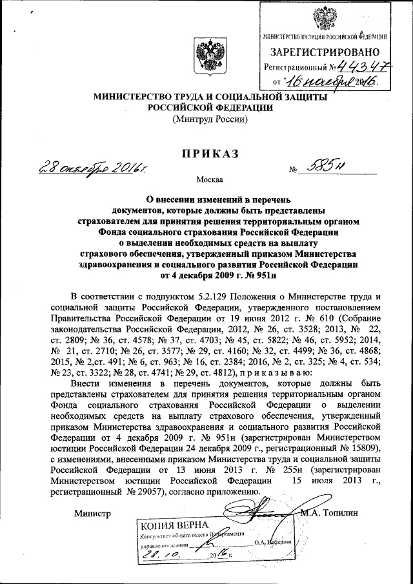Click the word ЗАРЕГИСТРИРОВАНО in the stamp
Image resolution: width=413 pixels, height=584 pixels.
click(x=324, y=52)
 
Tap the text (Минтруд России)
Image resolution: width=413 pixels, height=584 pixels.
click(x=206, y=120)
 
